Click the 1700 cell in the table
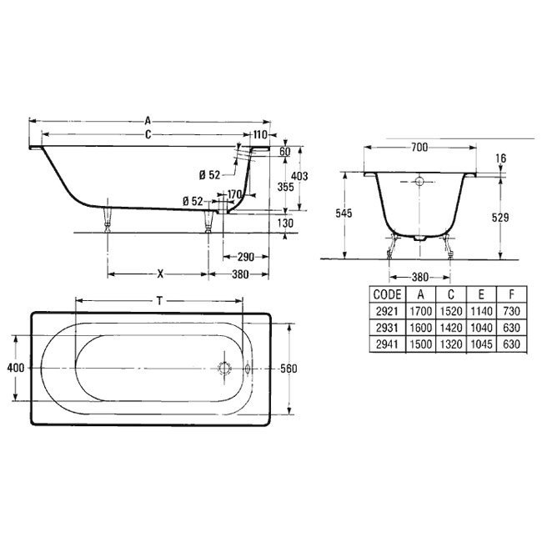point(420,311)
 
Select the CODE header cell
point(387,294)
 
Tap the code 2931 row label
point(387,328)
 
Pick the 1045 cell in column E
point(481,344)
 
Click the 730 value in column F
point(512,311)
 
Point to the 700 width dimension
point(419,148)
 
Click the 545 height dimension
point(344,213)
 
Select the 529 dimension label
point(500,218)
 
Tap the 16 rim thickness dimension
point(501,158)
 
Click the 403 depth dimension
point(299,176)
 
